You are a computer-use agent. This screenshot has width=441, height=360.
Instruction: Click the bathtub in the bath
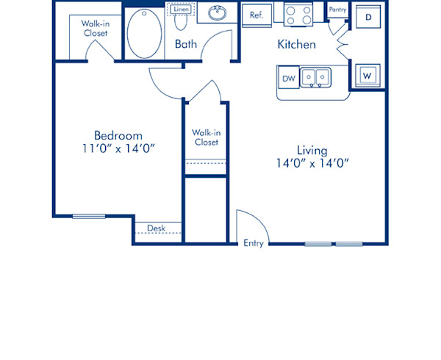point(143,33)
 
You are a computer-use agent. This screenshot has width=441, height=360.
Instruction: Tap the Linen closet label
point(181,10)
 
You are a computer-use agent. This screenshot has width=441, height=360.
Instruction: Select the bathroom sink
point(217,13)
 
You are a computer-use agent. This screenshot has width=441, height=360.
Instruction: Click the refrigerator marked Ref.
point(257,15)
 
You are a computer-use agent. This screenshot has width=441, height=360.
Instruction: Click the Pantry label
point(337,10)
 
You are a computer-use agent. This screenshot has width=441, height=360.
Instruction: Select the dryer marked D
point(367,17)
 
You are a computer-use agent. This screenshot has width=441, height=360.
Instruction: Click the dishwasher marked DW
point(288,77)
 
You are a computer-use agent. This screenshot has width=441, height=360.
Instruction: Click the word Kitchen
point(296,45)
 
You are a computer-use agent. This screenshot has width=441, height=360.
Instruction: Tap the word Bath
point(185,45)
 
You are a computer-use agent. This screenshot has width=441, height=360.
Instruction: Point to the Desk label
point(156,228)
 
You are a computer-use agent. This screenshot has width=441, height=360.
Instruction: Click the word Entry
point(254,244)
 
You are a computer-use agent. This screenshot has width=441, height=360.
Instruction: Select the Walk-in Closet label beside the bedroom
point(206,137)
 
